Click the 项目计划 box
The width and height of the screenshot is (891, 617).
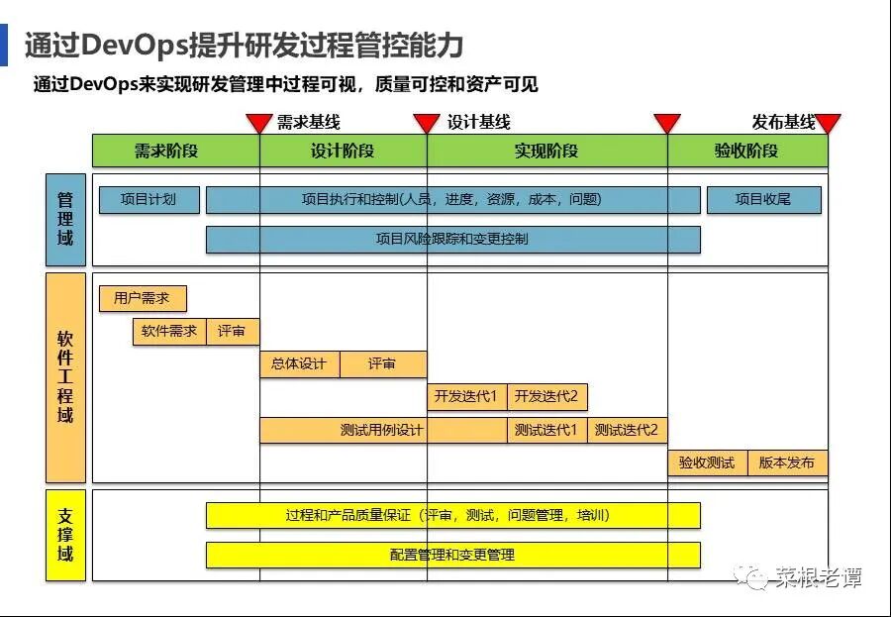[148, 199]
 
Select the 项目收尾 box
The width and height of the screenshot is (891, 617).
[763, 199]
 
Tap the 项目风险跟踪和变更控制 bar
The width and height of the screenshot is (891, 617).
[452, 240]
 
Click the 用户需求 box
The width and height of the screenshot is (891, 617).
[142, 298]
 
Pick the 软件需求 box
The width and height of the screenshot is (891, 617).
[169, 332]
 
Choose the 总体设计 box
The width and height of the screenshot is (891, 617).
[299, 364]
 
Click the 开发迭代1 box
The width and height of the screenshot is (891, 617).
[466, 397]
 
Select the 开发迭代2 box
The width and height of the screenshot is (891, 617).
[546, 397]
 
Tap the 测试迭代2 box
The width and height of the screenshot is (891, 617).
[627, 430]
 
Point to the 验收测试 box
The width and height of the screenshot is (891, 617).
[707, 463]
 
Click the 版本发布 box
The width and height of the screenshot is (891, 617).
[787, 463]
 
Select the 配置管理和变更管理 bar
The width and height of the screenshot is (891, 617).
[452, 555]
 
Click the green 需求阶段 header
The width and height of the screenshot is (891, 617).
[175, 151]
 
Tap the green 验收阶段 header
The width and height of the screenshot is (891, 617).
[746, 151]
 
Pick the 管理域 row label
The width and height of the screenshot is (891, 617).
[65, 220]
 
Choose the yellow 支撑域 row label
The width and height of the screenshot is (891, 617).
[65, 535]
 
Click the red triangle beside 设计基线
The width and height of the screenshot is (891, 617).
[426, 123]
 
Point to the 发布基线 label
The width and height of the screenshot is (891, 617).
[782, 123]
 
